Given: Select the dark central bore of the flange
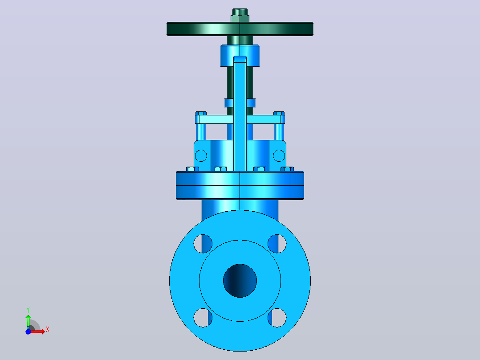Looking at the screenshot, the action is [240, 281].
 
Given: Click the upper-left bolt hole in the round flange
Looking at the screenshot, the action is [203, 244].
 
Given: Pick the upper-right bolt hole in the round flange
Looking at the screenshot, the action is [277, 244].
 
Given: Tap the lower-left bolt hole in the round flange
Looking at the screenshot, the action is [203, 318].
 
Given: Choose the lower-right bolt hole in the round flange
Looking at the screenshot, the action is [277, 318].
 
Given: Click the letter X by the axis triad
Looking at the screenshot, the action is [48, 330].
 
